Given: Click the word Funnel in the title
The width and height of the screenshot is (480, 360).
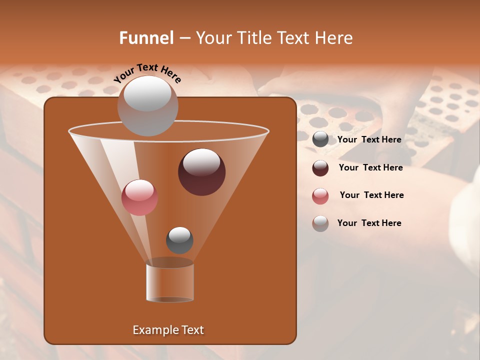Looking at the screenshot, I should (146, 38).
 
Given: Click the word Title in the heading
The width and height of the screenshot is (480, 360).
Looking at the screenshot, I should (252, 38).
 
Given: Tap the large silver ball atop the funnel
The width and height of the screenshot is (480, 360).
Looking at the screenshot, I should (147, 105).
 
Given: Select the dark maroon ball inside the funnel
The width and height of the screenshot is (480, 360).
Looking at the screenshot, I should (201, 172).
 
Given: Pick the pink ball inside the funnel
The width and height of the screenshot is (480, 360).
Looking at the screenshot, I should (139, 197).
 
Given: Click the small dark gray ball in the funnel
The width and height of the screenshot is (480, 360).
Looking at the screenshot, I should (179, 240).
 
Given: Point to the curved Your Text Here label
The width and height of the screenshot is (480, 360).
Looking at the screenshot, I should (147, 73).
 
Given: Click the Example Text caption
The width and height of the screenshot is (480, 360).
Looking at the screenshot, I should (168, 330).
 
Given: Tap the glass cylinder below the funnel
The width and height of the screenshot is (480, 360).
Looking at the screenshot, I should (170, 282).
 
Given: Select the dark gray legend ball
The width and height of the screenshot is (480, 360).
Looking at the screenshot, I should (320, 139).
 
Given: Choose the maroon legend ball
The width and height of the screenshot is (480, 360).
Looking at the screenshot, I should (320, 168).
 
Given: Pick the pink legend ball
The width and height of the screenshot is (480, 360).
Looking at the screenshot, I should (320, 196).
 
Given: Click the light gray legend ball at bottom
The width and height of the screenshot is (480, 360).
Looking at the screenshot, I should (320, 223).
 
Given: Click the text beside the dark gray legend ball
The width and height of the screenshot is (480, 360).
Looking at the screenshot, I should (369, 140).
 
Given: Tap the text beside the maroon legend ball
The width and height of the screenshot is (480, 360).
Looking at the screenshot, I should (370, 168).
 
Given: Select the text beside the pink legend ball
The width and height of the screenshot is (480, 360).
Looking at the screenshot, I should (371, 195).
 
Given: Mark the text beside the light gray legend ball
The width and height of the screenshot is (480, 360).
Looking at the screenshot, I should (369, 223).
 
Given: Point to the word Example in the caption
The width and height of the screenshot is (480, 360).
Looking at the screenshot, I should (155, 330).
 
